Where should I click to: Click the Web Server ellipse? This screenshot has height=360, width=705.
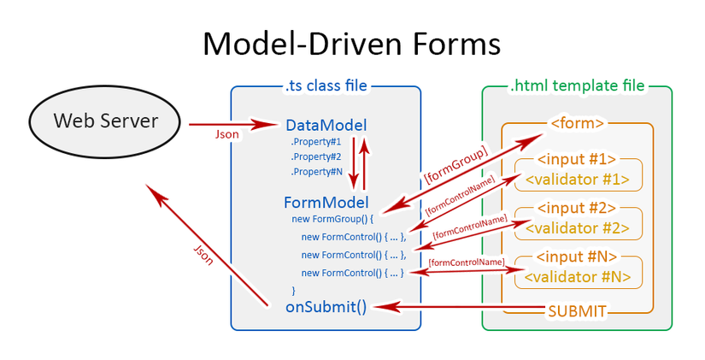tap(106, 121)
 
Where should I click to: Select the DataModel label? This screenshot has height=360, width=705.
tap(326, 126)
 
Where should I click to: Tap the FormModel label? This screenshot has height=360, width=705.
tap(326, 203)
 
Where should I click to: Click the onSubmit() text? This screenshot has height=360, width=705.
tap(326, 307)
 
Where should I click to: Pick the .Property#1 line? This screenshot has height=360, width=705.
tap(315, 142)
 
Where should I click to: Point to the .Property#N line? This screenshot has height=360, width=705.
tap(315, 171)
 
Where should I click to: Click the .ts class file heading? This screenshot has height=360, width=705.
tap(326, 86)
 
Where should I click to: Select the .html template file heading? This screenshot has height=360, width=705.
tap(577, 86)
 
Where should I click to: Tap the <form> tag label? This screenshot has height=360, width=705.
tap(578, 123)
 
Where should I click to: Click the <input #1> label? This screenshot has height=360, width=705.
tap(577, 160)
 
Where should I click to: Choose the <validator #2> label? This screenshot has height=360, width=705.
tap(577, 228)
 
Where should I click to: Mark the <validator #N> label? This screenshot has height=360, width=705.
tap(577, 276)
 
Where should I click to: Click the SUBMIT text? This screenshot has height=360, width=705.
tap(577, 311)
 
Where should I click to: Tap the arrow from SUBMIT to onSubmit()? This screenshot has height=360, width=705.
tap(461, 307)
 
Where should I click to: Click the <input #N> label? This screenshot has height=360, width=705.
tap(577, 257)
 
